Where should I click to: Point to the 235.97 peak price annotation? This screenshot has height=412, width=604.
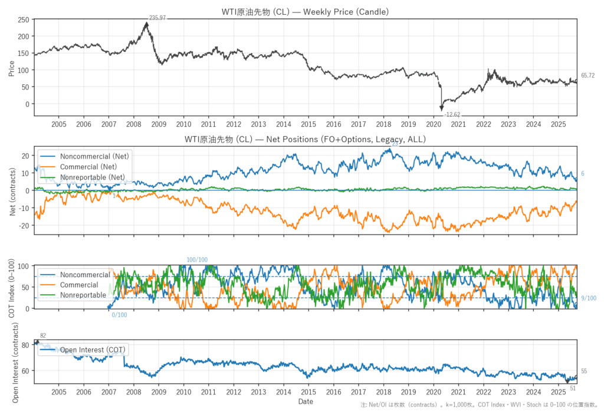tap(157, 18)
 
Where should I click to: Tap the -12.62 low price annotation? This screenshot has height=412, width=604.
tap(452, 114)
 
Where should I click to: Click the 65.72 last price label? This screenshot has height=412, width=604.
tap(587, 75)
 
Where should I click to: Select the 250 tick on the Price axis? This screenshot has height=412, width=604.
tap(24, 19)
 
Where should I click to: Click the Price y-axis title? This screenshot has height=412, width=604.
tap(11, 68)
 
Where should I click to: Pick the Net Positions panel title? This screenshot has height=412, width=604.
tap(305, 140)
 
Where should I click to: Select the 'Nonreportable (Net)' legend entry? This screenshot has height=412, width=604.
tap(92, 177)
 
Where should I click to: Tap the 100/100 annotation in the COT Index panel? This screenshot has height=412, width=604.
tap(197, 260)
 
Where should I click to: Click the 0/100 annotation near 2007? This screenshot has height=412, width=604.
tap(119, 315)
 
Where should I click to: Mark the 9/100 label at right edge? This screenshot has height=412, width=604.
tap(588, 298)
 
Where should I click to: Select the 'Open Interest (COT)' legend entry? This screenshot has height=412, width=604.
tap(93, 350)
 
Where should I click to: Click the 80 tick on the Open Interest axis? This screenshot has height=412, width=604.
tap(25, 345)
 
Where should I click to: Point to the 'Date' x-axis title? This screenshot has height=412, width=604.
tap(305, 401)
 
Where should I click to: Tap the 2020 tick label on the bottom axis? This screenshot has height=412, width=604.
tap(434, 391)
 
